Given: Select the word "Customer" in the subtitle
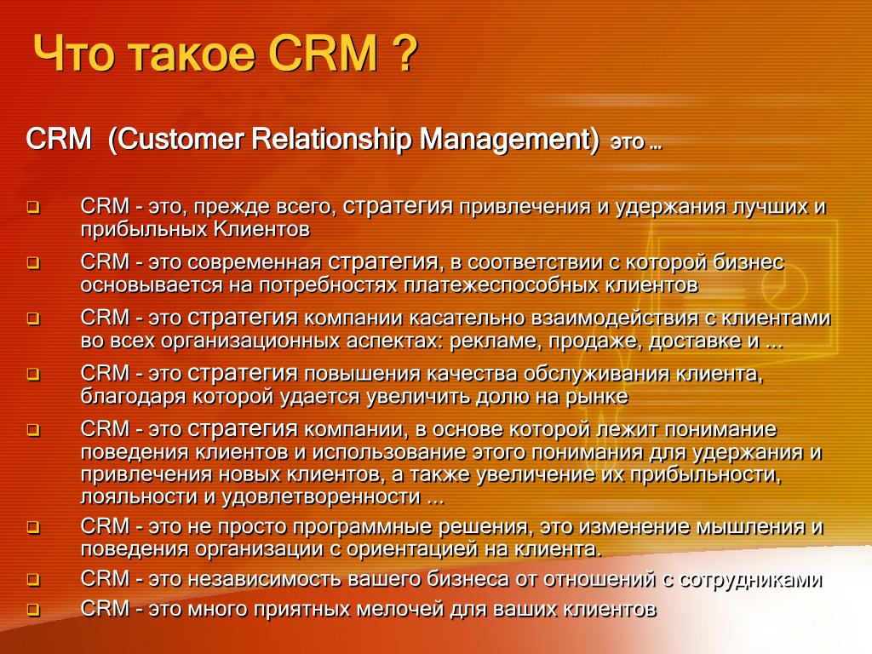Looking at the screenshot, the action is click(181, 139).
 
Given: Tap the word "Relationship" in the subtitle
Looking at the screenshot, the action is click(331, 140).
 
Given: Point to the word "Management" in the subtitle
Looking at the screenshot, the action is click(505, 140).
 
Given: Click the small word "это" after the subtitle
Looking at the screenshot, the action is click(627, 143).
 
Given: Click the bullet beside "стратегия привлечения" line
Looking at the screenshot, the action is click(33, 208).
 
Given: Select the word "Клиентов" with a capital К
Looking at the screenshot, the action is click(261, 229).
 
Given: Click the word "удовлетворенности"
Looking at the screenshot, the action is click(321, 496).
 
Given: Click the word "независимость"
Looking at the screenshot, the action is click(264, 579).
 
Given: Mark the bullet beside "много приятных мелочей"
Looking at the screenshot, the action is click(33, 610).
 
